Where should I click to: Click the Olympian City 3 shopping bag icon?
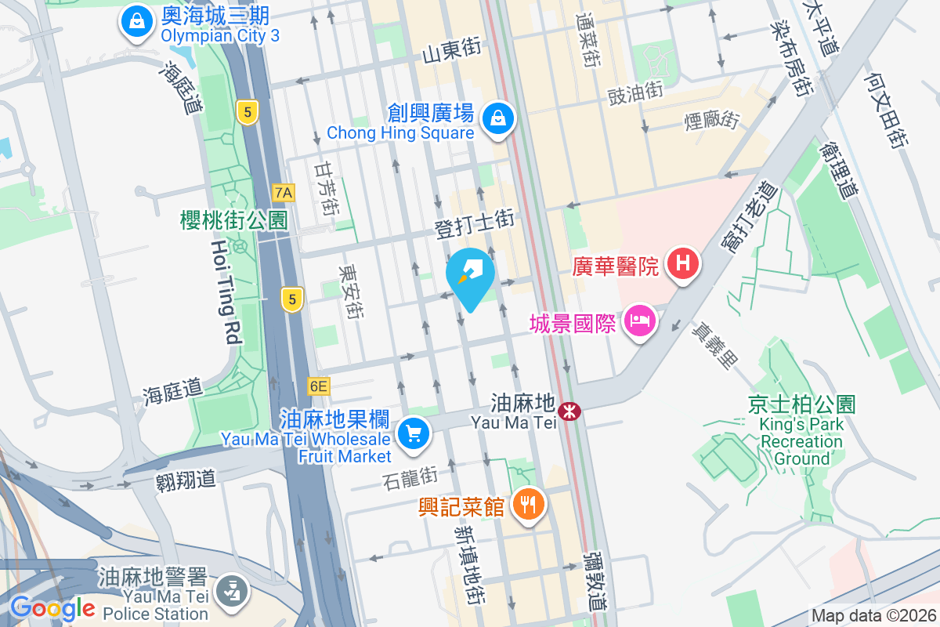pyautogui.click(x=137, y=21)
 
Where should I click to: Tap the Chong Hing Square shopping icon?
pyautogui.click(x=497, y=119)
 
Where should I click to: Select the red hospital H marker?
pyautogui.click(x=682, y=263)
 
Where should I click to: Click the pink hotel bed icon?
pyautogui.click(x=640, y=321)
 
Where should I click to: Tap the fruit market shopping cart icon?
pyautogui.click(x=414, y=433)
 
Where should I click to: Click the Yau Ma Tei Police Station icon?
pyautogui.click(x=231, y=589)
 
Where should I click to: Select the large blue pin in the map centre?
pyautogui.click(x=470, y=275)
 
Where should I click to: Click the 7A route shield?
pyautogui.click(x=284, y=192)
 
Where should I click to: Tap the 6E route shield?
pyautogui.click(x=319, y=386)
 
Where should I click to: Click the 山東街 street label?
pyautogui.click(x=451, y=52)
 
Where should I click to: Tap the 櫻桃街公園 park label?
pyautogui.click(x=234, y=220)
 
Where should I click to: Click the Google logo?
pyautogui.click(x=52, y=607)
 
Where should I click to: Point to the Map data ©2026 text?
pyautogui.click(x=873, y=616)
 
